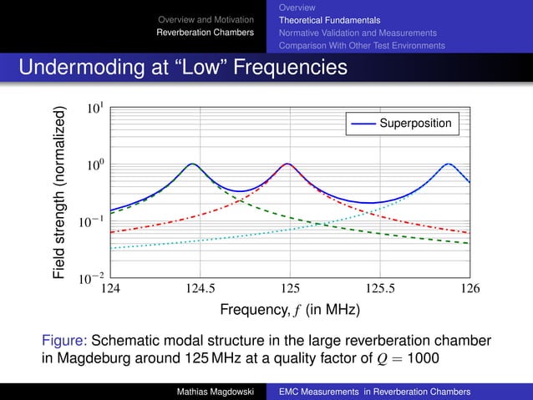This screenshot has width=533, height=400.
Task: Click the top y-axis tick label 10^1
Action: click(x=95, y=109)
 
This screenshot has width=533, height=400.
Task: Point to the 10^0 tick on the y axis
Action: click(x=95, y=166)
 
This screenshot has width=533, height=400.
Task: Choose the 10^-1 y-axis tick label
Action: click(x=93, y=223)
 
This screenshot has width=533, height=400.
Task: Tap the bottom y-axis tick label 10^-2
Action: click(x=93, y=279)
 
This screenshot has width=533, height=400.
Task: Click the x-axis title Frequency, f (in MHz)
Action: click(x=290, y=310)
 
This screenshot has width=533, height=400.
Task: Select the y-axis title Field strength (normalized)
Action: click(x=58, y=193)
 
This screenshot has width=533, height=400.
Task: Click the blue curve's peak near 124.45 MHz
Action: click(x=193, y=165)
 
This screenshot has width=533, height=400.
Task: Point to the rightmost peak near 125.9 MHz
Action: click(x=449, y=165)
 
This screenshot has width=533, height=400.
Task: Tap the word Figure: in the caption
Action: click(x=64, y=341)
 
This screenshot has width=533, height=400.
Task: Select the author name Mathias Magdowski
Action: click(x=213, y=391)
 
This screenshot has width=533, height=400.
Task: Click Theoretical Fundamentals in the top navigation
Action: click(x=329, y=19)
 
